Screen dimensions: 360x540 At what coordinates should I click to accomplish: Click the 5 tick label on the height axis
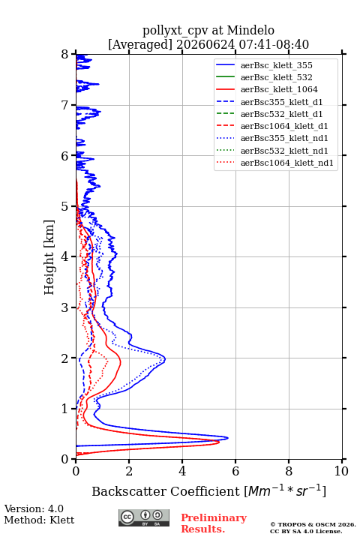point(65,207)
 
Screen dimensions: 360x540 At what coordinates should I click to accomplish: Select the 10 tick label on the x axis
point(341,471)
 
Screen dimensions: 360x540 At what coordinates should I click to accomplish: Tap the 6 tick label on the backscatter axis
point(235,471)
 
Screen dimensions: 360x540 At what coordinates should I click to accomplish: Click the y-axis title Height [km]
point(49,257)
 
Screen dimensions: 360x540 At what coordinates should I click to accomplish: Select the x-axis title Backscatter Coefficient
point(166,491)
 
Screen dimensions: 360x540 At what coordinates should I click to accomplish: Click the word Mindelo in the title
point(250,30)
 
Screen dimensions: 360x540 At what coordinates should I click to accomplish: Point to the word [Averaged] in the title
point(140,45)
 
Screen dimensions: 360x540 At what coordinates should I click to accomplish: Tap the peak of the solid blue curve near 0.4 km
point(228,438)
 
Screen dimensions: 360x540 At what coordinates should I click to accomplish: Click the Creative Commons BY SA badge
point(144,518)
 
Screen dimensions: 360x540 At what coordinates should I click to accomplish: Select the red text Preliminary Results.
point(214,523)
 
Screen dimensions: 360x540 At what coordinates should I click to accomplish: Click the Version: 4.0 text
point(34,509)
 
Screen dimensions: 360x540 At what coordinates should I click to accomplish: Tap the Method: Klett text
point(39,520)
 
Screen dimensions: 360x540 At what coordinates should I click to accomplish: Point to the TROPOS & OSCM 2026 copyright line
point(313,524)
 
